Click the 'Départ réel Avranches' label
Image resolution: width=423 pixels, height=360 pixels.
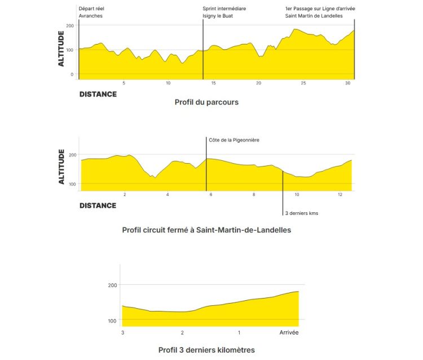point(92,12)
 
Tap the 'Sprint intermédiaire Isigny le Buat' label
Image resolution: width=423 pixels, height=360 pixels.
point(224,12)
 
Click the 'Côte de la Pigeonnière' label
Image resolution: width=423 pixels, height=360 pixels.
point(233,140)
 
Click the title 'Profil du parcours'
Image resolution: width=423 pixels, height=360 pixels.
point(206,103)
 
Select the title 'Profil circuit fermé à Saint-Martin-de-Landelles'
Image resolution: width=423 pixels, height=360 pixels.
point(206,230)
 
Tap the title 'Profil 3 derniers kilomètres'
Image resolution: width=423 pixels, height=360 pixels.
point(206,350)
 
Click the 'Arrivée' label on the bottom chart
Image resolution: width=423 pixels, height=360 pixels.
point(289,332)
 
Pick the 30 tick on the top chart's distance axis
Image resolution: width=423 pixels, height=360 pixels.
point(348,84)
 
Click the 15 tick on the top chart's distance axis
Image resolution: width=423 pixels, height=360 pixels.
point(213,84)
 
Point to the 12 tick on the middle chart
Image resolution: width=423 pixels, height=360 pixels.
point(340,195)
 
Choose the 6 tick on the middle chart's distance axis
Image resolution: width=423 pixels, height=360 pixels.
point(211,195)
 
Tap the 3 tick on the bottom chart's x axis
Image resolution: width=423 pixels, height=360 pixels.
point(123,332)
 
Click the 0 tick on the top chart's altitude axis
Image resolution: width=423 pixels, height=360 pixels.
point(72,74)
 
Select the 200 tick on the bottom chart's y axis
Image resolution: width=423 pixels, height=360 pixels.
point(112,285)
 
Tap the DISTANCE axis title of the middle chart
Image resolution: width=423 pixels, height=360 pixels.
point(98,205)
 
